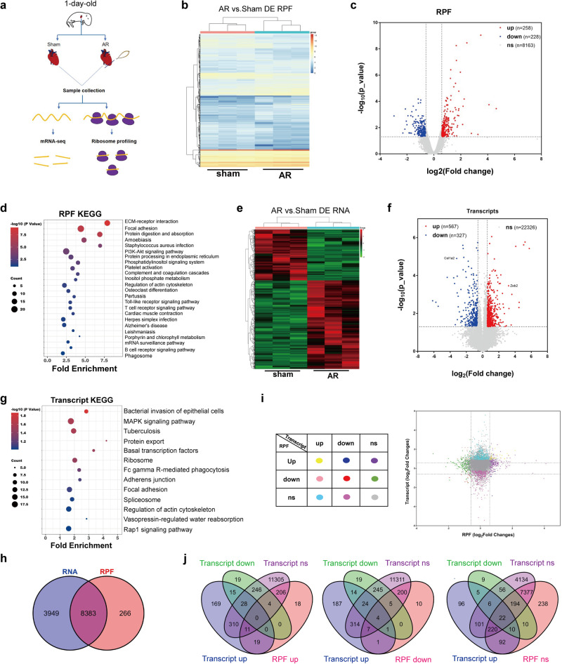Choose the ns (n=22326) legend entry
[516, 248]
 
